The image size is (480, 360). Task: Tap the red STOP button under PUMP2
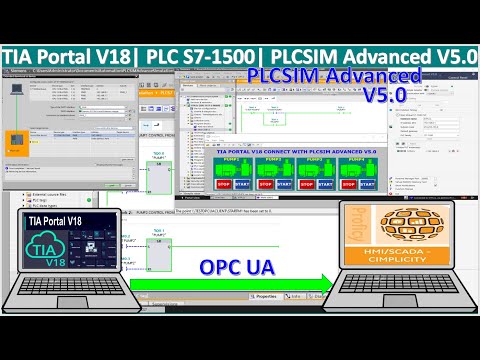pyautogui.click(x=266, y=183)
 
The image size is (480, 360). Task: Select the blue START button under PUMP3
pyautogui.click(x=342, y=183)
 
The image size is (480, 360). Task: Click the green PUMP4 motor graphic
pyautogui.click(x=378, y=165)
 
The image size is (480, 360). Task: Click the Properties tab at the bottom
pyautogui.click(x=264, y=297)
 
